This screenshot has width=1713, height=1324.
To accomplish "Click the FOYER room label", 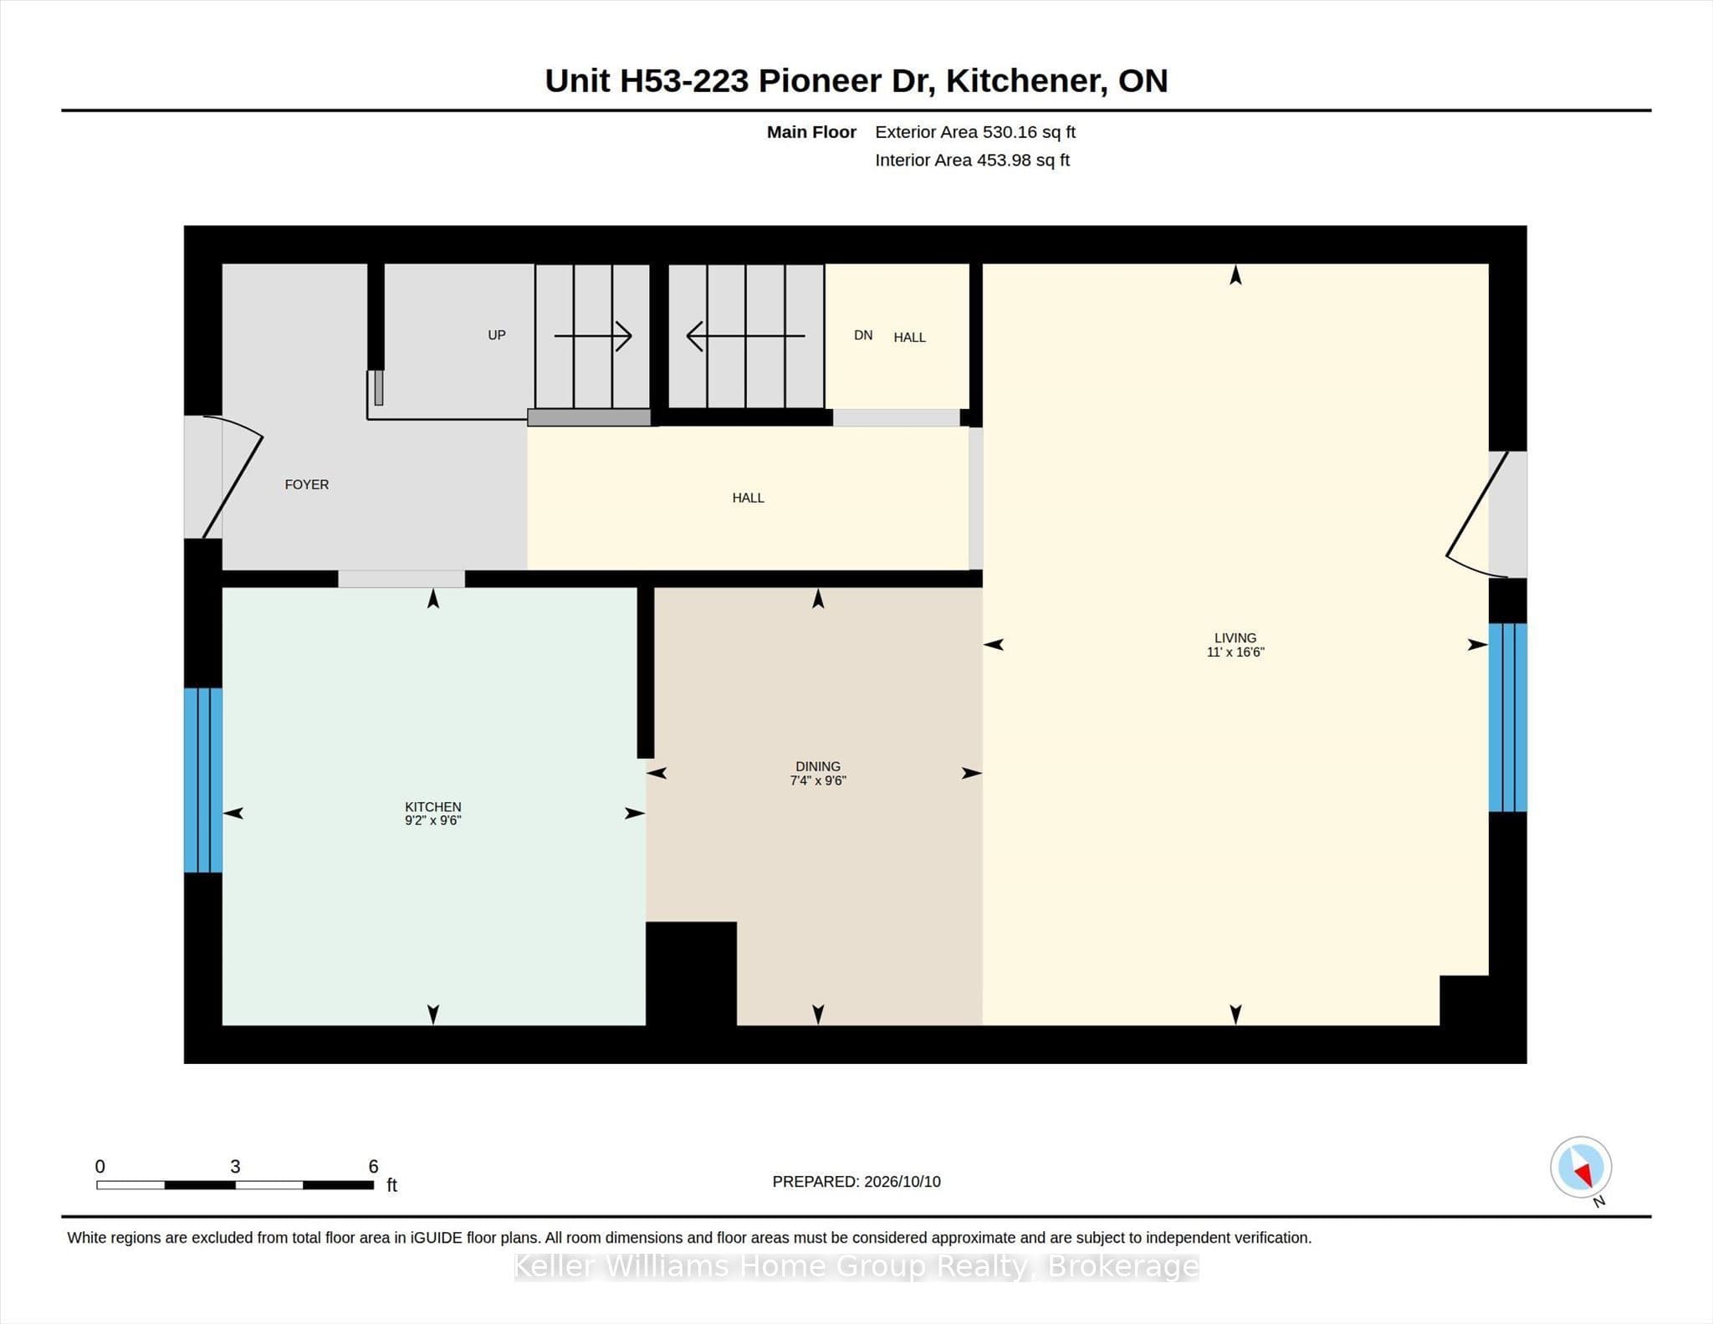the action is pyautogui.click(x=306, y=484).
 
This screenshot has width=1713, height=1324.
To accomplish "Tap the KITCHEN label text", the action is pyautogui.click(x=433, y=806).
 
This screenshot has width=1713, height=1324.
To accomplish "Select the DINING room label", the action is pyautogui.click(x=818, y=766).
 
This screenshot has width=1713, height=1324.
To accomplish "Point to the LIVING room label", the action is pyautogui.click(x=1235, y=637).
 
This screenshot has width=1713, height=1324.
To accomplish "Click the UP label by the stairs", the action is pyautogui.click(x=497, y=335).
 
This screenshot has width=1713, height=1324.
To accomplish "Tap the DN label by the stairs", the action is pyautogui.click(x=863, y=335).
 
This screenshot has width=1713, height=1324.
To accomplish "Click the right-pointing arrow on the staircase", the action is pyautogui.click(x=593, y=336).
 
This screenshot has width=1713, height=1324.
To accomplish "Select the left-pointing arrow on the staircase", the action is pyautogui.click(x=745, y=336).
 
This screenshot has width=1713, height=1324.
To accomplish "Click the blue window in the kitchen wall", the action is pyautogui.click(x=203, y=780).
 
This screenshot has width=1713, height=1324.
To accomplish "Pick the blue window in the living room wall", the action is pyautogui.click(x=1508, y=717).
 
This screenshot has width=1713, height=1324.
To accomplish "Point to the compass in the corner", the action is pyautogui.click(x=1581, y=1168).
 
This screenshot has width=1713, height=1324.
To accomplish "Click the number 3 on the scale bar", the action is pyautogui.click(x=235, y=1166).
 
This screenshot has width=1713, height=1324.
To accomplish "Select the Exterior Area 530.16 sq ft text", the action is pyautogui.click(x=975, y=132).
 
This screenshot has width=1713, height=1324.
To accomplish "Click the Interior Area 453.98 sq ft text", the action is pyautogui.click(x=972, y=160).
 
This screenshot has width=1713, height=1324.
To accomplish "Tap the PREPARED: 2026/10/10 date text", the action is pyautogui.click(x=856, y=1181).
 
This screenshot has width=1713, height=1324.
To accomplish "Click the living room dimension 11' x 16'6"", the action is pyautogui.click(x=1235, y=652).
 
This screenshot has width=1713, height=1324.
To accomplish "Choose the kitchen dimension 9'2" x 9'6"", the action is pyautogui.click(x=433, y=820).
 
